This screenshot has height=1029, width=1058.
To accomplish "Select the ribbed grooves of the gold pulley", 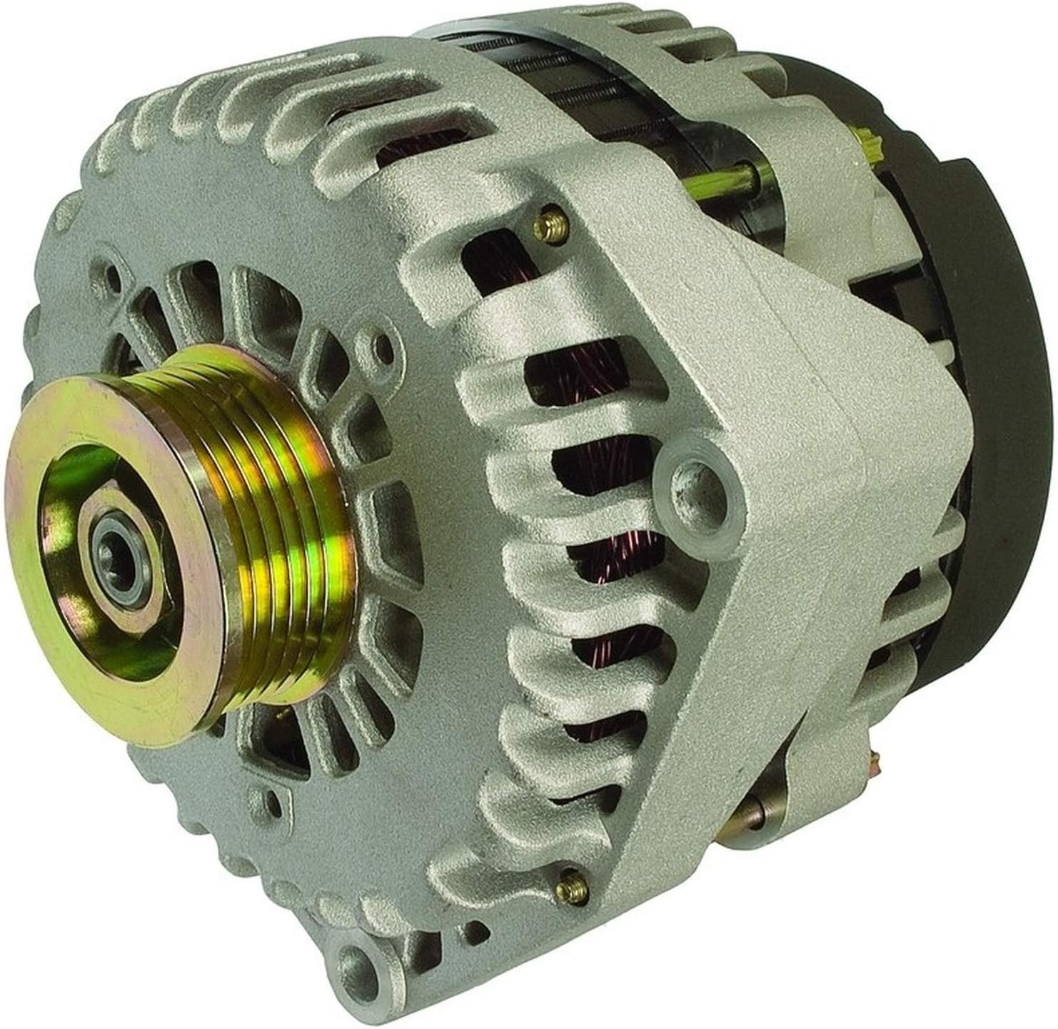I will [x=286, y=500].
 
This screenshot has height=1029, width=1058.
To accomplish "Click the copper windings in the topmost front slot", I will [x=400, y=154].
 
